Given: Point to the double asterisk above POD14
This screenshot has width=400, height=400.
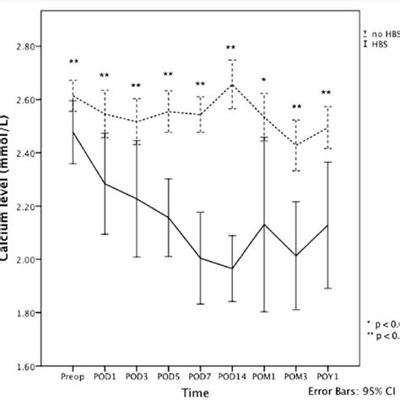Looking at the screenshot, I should [x=231, y=48].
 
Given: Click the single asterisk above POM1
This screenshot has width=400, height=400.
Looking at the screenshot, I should [x=263, y=80].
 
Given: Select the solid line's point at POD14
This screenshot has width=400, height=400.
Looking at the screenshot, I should [x=231, y=268].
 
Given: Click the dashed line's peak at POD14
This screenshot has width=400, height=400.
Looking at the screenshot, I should [x=231, y=84].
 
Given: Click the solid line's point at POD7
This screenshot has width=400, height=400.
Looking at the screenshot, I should [x=200, y=258].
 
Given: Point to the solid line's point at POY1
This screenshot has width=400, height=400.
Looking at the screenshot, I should [x=327, y=225].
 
